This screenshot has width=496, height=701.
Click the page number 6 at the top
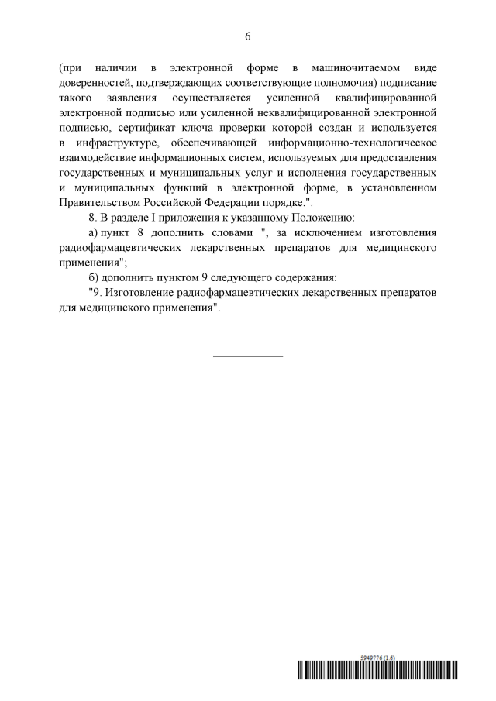pyautogui.click(x=248, y=36)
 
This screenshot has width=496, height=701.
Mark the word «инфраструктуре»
pyautogui.click(x=121, y=143)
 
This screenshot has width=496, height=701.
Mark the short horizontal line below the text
pyautogui.click(x=248, y=356)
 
